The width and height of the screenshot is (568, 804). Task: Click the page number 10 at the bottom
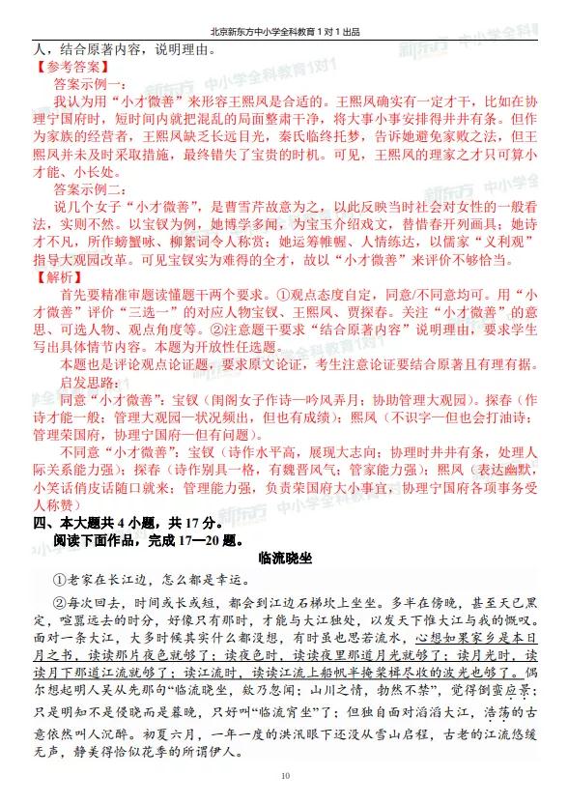click(x=284, y=776)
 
